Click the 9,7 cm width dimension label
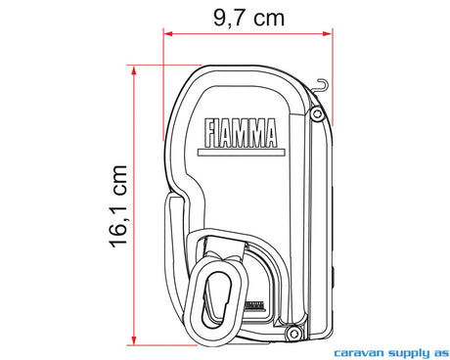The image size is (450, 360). click(x=248, y=18)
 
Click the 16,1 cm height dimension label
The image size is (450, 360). click(x=117, y=206)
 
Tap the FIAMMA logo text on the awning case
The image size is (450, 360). click(x=241, y=133)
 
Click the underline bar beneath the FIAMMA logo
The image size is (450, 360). click(x=242, y=153)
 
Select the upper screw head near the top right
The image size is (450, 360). click(x=317, y=113)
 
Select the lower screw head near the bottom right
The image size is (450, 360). click(x=292, y=334)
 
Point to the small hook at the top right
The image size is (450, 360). click(x=320, y=86)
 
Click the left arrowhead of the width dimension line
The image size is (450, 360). click(x=167, y=33)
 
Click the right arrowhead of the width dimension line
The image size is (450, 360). click(x=328, y=33)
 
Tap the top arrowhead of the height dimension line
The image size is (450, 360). click(x=134, y=70)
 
